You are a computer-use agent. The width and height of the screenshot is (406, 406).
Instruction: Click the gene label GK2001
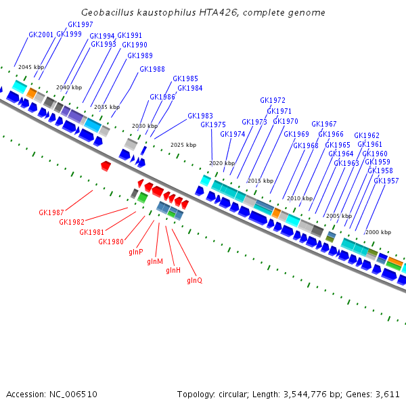pos(41,35)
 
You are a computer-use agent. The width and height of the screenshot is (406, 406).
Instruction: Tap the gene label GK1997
pos(81,24)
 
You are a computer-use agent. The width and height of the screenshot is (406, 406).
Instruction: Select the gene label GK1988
pos(152,69)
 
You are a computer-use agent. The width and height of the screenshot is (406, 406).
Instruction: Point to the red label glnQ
pos(194,280)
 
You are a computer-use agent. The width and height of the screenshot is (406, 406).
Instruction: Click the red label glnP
pos(136,252)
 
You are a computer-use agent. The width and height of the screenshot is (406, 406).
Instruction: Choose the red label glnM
pos(155,261)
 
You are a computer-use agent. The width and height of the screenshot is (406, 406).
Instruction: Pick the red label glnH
pos(173,270)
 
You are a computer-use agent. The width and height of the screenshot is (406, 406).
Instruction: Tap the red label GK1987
pos(51,212)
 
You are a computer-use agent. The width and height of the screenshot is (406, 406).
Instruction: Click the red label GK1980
pos(111,242)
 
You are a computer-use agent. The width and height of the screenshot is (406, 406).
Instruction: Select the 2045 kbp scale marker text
pos(31,67)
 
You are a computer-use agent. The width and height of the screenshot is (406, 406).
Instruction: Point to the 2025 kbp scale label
pos(183,145)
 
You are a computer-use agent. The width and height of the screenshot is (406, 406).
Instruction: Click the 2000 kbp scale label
pos(378,232)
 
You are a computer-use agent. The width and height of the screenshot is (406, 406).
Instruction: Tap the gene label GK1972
pos(273,100)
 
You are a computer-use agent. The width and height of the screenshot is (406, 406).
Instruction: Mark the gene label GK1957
pos(386,181)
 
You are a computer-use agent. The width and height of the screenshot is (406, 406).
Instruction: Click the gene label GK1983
pos(200,116)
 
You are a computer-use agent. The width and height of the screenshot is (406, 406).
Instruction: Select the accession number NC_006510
pos(73,394)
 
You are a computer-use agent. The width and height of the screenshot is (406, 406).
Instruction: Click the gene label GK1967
pos(324,124)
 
